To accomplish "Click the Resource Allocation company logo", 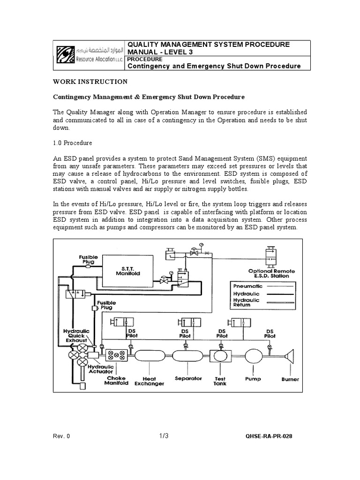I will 89,55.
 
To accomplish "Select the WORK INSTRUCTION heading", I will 90,82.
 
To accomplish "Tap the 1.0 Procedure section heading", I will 72,142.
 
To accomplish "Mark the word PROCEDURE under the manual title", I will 145,60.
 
